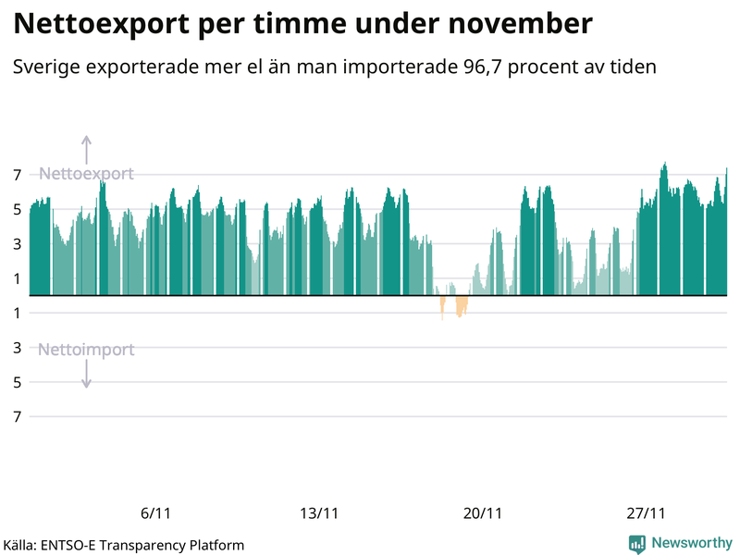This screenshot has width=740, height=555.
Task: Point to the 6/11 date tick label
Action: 155,514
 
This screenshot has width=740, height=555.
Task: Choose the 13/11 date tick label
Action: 319,514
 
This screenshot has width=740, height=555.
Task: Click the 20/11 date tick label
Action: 483,514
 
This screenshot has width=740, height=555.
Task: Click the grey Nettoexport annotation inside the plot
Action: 86,174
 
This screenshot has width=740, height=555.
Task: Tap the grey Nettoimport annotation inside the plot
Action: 86,350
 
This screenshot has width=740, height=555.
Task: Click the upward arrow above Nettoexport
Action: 86,149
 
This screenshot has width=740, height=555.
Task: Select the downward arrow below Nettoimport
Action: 86,375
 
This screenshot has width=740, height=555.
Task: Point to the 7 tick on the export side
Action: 17,174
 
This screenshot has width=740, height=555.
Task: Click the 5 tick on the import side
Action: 17,382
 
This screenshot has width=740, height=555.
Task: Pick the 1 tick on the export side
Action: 17,278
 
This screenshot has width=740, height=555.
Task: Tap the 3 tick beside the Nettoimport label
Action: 17,348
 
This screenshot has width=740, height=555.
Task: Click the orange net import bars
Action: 459,305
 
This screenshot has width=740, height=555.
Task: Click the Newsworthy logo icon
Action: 637,544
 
